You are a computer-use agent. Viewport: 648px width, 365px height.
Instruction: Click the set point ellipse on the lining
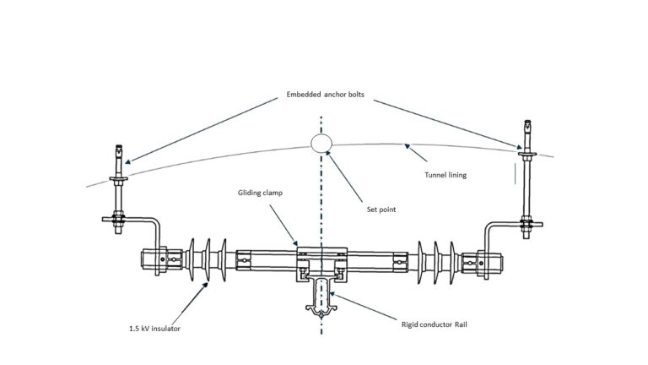(x=321, y=143)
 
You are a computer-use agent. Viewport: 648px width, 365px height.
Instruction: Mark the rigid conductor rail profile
(x=321, y=300)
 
